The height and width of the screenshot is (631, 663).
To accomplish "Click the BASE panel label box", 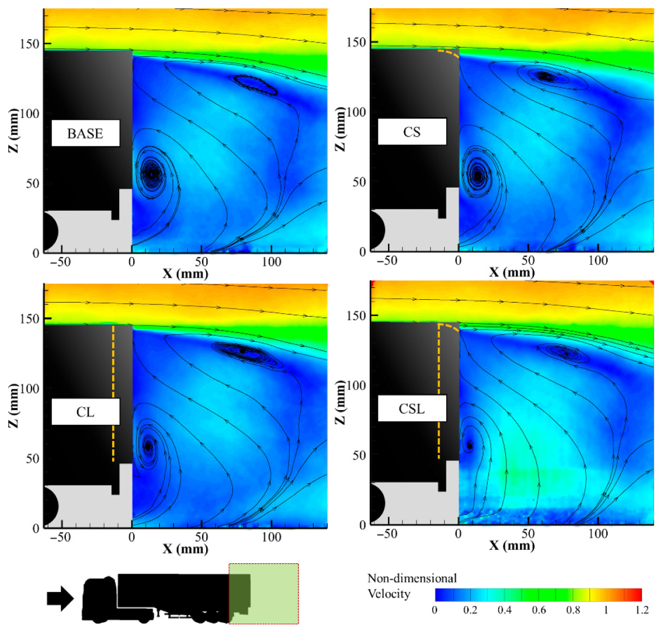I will tap(85, 133).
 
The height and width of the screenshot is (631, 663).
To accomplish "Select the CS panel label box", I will tap(412, 132).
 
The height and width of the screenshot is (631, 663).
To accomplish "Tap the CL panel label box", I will tap(85, 412).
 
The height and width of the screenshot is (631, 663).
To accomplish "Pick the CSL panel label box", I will tap(412, 408).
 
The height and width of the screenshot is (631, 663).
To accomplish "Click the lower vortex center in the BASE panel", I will tap(151, 174).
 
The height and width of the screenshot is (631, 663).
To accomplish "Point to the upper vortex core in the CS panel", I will tap(545, 76).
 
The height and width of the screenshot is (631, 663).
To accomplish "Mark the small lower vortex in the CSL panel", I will tap(469, 446).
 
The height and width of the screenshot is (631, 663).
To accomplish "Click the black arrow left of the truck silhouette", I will tap(60, 598).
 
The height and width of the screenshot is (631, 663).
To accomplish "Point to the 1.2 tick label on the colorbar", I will tap(641, 611).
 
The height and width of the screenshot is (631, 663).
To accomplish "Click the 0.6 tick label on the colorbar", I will tap(539, 611).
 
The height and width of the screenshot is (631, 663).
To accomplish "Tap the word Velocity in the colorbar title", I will tap(389, 594).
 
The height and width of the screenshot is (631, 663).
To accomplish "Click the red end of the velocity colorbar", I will tap(634, 595).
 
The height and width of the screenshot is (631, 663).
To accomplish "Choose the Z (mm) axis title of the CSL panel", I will tap(341, 403).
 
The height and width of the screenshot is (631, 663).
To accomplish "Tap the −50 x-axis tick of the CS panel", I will tap(387, 261).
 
